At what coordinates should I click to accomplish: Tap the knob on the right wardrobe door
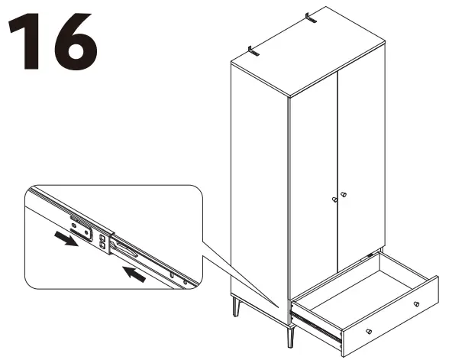pos(343,195)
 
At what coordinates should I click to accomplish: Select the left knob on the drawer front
pos(369,331)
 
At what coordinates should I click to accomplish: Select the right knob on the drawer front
pos(416,304)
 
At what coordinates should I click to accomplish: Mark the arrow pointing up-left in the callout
pos(134,273)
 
